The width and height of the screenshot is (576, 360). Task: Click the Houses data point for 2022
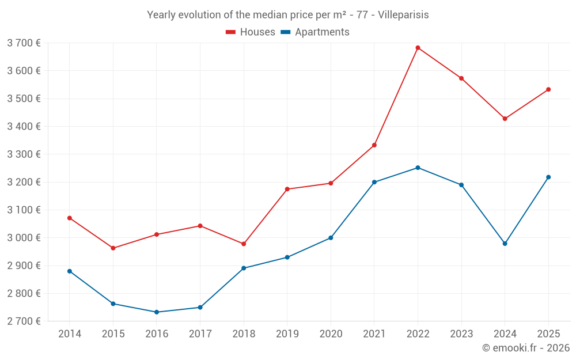pos(418,48)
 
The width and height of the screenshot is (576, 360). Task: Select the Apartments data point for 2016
pos(157,312)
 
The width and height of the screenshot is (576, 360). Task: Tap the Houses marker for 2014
pos(70,218)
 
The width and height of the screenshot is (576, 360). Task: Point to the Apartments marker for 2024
pos(505,244)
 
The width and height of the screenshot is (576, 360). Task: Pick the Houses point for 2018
pos(244,244)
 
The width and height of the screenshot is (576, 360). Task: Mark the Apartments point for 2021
pos(374,182)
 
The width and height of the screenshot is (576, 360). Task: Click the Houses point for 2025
pos(548,89)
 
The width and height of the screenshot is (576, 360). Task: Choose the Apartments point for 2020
pos(331,238)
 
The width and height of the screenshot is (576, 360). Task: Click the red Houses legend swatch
pos(231,32)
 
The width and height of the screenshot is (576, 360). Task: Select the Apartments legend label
pos(322,32)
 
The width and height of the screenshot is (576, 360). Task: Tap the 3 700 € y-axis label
pos(24,43)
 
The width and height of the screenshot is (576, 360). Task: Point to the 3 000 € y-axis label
pos(24,238)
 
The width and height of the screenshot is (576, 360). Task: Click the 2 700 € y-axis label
pos(24,321)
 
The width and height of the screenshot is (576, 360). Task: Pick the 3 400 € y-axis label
pos(24,126)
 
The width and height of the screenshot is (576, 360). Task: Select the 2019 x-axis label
pos(287,334)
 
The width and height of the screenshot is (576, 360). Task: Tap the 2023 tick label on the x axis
pos(461,334)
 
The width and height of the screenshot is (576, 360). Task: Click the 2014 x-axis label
pos(70,334)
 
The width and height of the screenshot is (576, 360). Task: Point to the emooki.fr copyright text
pos(526,348)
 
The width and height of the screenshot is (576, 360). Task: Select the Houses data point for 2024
pos(505,119)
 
